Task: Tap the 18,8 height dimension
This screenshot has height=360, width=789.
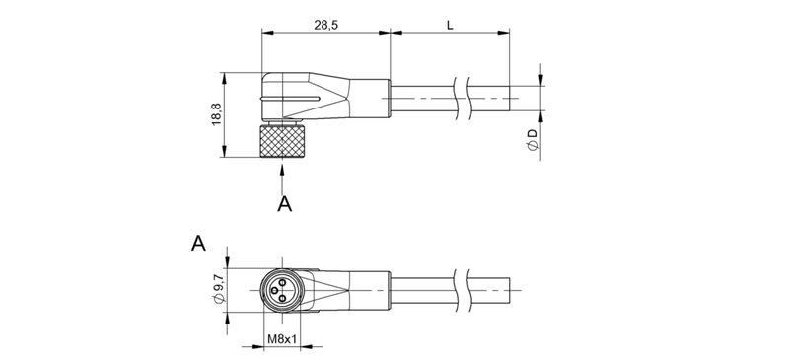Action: coord(216,115)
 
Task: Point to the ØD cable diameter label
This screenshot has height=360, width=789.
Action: coord(532,139)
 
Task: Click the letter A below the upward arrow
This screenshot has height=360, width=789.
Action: coord(285,203)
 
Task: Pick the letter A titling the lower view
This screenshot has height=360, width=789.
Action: coord(198,244)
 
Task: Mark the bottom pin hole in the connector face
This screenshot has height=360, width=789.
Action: coord(283,300)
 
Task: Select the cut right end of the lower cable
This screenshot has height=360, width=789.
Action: coord(509,292)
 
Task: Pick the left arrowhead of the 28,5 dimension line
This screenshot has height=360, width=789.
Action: coord(267,34)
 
